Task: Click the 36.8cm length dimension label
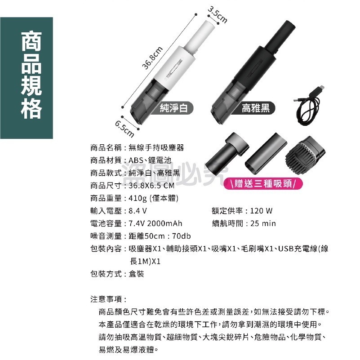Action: tap(153, 58)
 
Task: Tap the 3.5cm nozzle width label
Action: tap(218, 15)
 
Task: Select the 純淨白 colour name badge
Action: tap(176, 108)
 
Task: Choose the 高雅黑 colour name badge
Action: tap(255, 108)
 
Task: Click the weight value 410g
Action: tap(137, 198)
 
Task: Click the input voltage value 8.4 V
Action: tap(138, 211)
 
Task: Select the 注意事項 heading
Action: tap(108, 299)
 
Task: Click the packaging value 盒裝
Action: tap(136, 274)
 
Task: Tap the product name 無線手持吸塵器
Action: tap(156, 147)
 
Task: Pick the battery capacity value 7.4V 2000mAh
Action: tap(156, 223)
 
